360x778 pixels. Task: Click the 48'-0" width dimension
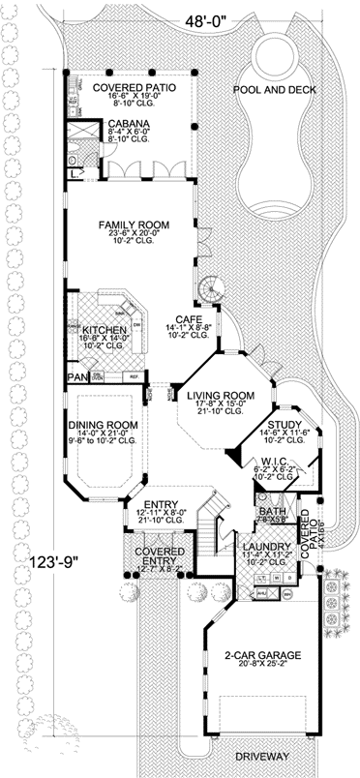199,17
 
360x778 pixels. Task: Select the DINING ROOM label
102,425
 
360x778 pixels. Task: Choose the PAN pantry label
75,377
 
